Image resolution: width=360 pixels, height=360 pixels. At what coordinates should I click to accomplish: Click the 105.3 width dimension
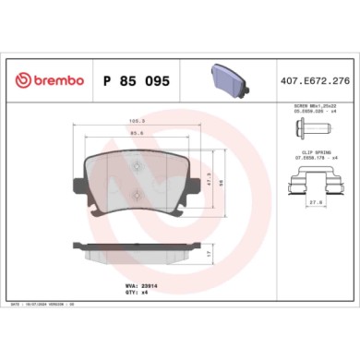(137, 121)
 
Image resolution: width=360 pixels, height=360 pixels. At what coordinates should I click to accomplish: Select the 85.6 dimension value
(137, 136)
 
